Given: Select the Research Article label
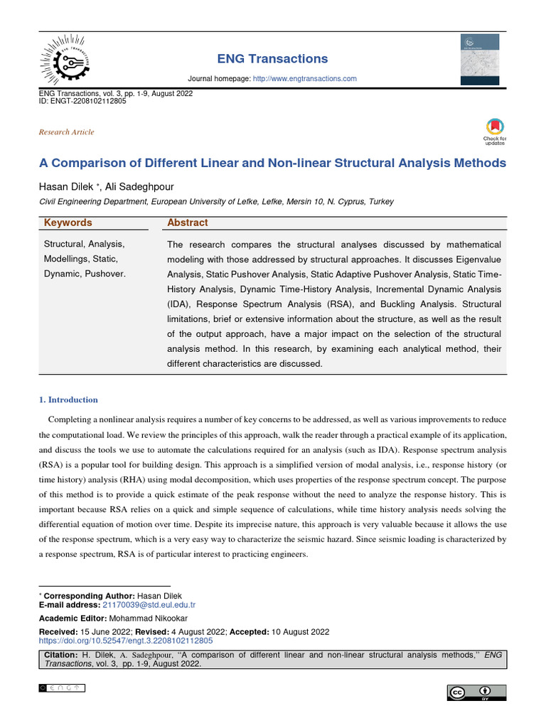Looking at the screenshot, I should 66,132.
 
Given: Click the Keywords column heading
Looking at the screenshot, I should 68,223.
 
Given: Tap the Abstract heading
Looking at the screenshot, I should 187,223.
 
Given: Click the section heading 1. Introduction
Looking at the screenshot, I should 68,400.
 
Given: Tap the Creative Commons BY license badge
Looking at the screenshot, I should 476,692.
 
